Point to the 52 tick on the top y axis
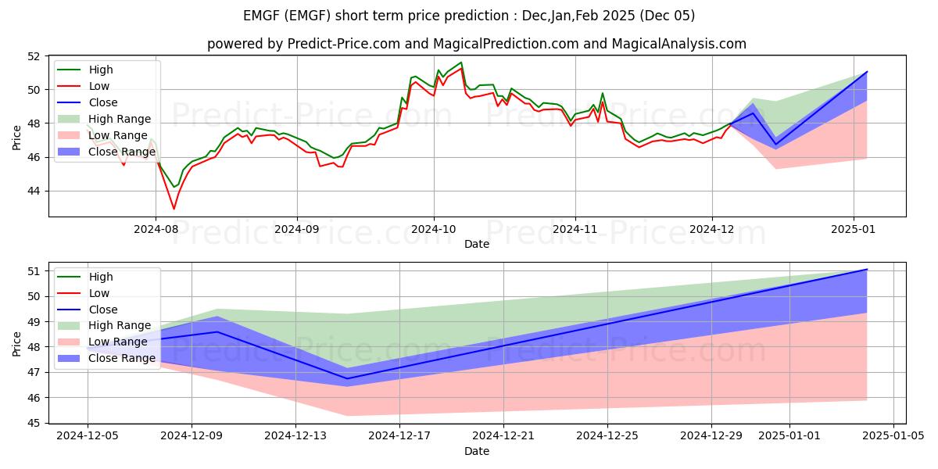click(x=33, y=56)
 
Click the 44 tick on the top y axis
click(x=33, y=191)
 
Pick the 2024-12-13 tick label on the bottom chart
click(x=295, y=436)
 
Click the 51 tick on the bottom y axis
click(x=33, y=271)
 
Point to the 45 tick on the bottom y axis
click(x=33, y=423)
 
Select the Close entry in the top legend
click(x=103, y=102)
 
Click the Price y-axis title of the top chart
click(x=17, y=137)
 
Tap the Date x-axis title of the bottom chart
click(x=477, y=451)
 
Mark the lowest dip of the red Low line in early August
click(x=174, y=209)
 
